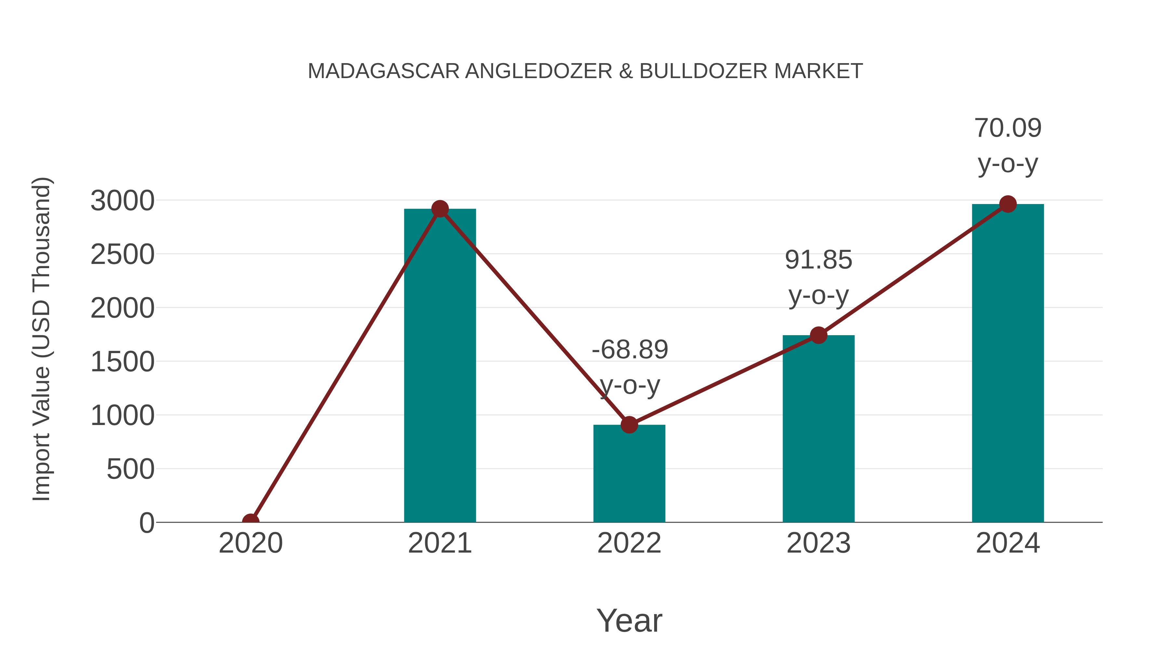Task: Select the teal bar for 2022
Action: [629, 473]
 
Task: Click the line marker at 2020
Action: [250, 521]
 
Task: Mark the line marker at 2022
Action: [629, 425]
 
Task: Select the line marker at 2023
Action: [818, 335]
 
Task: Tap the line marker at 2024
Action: [1008, 204]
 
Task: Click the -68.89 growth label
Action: [630, 350]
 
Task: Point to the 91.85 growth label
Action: [818, 260]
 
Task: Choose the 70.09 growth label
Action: [1008, 128]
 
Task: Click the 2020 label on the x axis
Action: [250, 543]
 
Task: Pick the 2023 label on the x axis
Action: [818, 543]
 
